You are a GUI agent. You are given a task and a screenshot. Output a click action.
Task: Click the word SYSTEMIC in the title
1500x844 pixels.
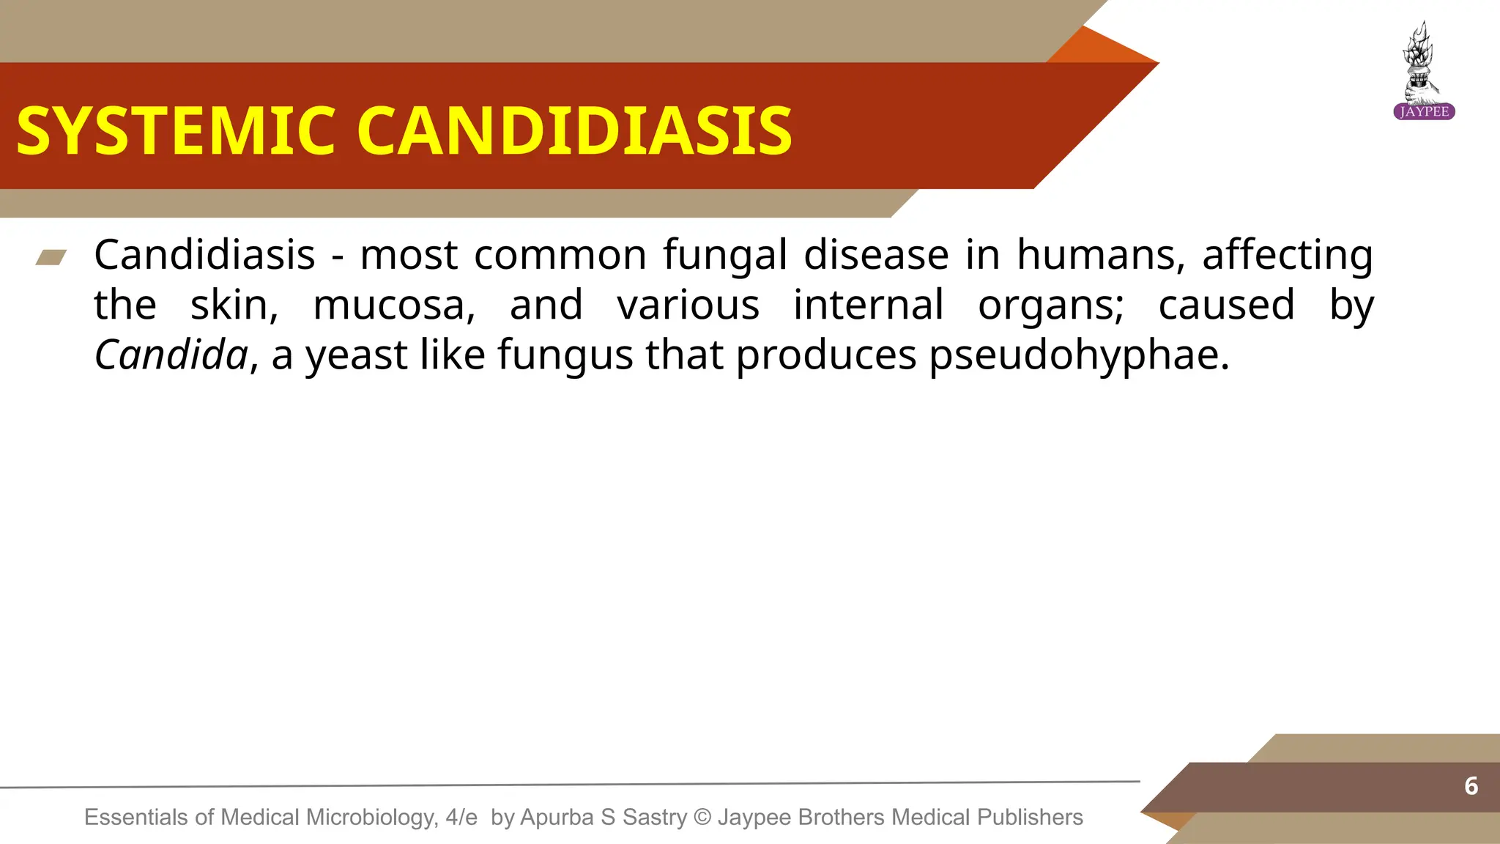tap(176, 131)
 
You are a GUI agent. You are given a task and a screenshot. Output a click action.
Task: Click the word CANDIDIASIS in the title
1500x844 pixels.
tap(574, 131)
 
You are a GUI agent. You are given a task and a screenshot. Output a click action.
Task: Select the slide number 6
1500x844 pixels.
tap(1471, 786)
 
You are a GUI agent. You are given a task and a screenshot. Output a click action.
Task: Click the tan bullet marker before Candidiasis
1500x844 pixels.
tap(51, 257)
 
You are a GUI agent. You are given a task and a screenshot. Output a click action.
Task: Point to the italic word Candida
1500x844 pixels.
tap(171, 355)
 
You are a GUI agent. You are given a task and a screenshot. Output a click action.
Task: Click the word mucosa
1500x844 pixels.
tap(394, 306)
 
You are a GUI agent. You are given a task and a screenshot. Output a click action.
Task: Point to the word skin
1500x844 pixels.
tap(234, 306)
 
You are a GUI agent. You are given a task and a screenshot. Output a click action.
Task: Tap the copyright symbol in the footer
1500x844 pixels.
tap(702, 817)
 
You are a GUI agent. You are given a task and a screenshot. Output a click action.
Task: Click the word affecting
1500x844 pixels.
tap(1287, 256)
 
